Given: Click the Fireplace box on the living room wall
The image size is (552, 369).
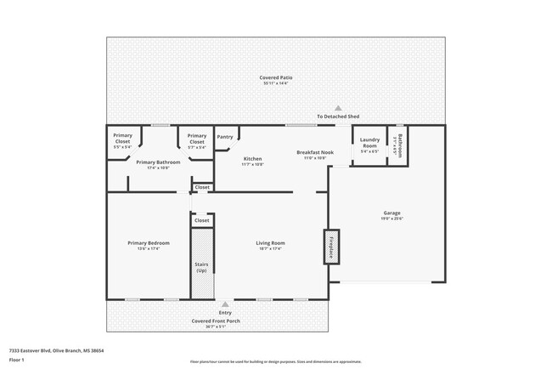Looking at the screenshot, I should (x=330, y=247).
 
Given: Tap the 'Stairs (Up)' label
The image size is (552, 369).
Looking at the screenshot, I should (x=201, y=267).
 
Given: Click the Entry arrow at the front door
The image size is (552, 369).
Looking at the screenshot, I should (x=225, y=304).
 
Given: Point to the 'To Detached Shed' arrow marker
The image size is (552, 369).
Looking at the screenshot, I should (x=338, y=108).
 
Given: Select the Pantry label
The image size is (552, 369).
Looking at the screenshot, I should (x=225, y=137).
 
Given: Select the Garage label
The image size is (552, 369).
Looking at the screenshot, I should (x=391, y=215).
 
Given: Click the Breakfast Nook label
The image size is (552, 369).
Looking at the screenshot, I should (x=314, y=154).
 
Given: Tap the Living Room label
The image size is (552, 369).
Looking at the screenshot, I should (x=270, y=246).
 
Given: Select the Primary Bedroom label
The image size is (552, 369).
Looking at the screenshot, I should (x=149, y=246).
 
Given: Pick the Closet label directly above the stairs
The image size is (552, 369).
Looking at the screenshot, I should (x=201, y=220).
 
